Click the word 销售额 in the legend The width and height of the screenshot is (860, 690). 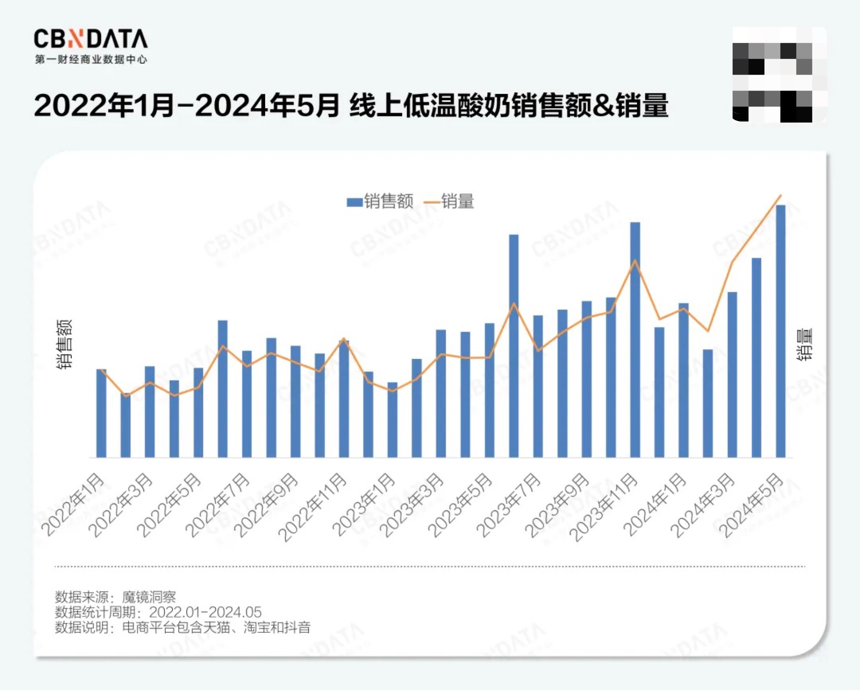pyautogui.click(x=389, y=202)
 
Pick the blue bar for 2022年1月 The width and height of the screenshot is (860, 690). pyautogui.click(x=101, y=413)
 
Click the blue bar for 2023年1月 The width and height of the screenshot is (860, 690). pyautogui.click(x=369, y=415)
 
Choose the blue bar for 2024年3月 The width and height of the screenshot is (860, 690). pyautogui.click(x=733, y=375)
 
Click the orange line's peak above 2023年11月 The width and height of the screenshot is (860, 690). pyautogui.click(x=635, y=261)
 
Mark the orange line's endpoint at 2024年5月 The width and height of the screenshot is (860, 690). pyautogui.click(x=781, y=195)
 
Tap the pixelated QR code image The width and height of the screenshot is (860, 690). pyautogui.click(x=780, y=74)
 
